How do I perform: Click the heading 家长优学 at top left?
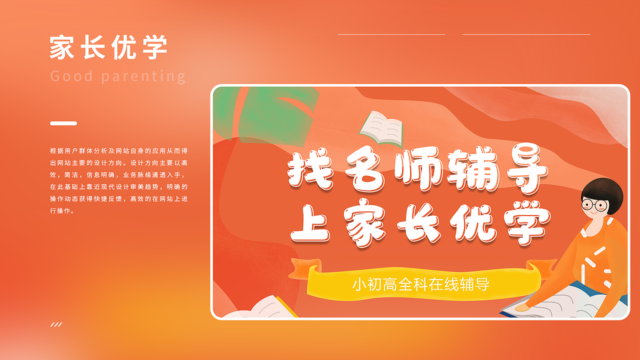(x=108, y=47)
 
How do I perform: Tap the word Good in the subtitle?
(x=72, y=76)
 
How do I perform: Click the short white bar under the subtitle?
(x=63, y=123)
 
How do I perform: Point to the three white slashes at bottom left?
(x=56, y=324)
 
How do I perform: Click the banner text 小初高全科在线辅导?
(x=420, y=284)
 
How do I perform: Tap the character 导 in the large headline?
(x=524, y=171)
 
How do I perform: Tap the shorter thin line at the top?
(x=391, y=34)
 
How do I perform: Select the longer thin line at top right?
(x=525, y=34)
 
